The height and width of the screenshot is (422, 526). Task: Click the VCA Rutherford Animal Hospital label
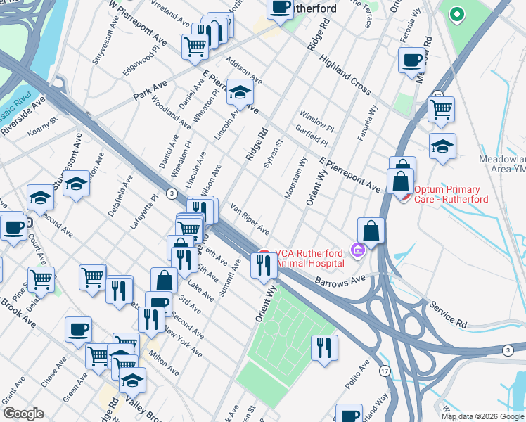coord(309,258)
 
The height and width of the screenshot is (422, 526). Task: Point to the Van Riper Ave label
coord(250,220)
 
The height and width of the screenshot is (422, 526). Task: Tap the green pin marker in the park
coord(456,15)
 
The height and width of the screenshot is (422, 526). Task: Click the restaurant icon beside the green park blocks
coord(324,347)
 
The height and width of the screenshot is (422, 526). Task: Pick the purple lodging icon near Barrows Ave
coord(357,250)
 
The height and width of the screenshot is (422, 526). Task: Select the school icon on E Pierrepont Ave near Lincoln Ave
coord(240,93)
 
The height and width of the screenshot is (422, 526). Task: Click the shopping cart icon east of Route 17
coord(441,109)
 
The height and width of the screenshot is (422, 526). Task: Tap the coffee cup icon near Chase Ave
coord(78,329)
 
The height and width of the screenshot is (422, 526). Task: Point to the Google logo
coord(24,414)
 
